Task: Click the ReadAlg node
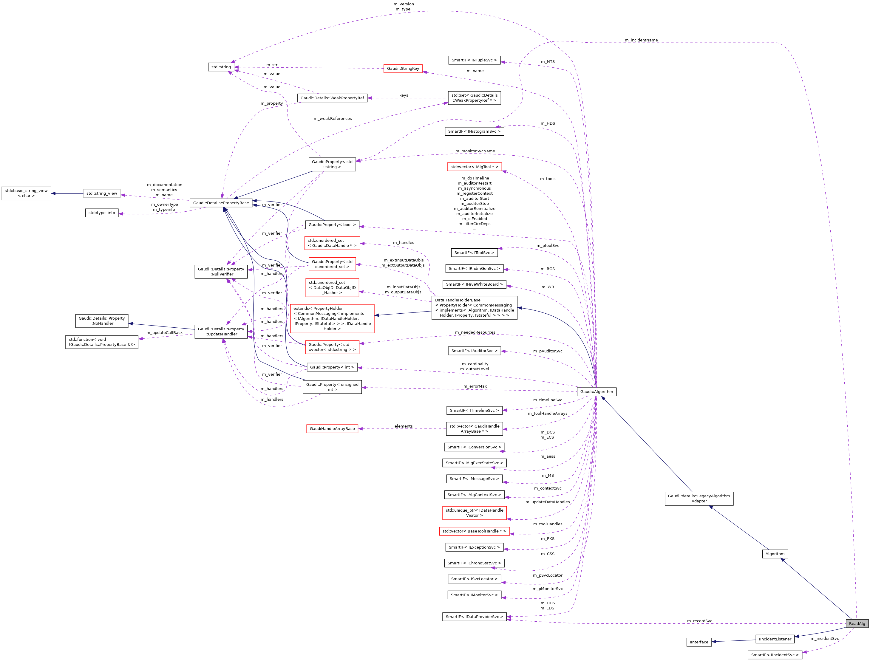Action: [857, 623]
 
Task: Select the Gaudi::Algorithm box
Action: [596, 391]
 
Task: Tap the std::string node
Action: [221, 67]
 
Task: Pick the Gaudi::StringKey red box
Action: [403, 69]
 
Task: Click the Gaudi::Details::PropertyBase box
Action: [221, 203]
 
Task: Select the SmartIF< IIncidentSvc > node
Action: [774, 655]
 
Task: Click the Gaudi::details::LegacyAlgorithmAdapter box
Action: [699, 499]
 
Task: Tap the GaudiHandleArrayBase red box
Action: [332, 428]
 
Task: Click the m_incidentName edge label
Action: [641, 40]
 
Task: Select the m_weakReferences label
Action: [333, 118]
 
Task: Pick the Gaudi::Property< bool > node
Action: [332, 225]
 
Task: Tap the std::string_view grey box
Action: [101, 193]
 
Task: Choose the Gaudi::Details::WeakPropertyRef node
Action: [332, 98]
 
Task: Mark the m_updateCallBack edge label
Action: [164, 332]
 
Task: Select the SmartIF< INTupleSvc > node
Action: [474, 60]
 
